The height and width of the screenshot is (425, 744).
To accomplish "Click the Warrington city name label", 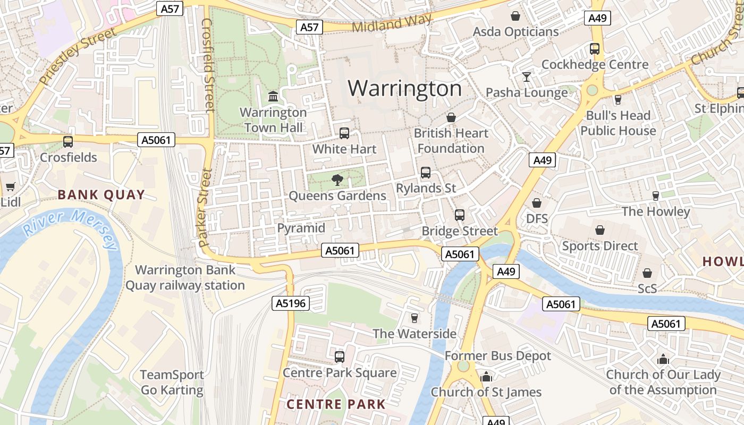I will [x=404, y=88].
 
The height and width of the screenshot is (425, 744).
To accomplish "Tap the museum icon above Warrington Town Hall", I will [x=273, y=97].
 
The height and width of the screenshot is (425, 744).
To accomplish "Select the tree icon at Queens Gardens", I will [x=337, y=180].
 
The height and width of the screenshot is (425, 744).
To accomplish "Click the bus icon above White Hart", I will [x=344, y=133].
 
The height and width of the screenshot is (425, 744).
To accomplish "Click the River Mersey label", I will [x=71, y=228].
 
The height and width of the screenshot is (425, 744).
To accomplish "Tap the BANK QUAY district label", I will [x=101, y=194].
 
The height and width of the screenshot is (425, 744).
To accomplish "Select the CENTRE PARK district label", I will [x=336, y=404].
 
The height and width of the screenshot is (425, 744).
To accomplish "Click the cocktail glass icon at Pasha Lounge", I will [x=526, y=77].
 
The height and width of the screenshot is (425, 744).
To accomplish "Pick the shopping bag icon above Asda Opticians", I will [x=515, y=16].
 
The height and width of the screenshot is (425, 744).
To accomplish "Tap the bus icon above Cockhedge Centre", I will [x=595, y=49].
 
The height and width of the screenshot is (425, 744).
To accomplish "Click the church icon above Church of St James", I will [x=486, y=377].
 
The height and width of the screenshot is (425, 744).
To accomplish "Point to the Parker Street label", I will [x=205, y=207].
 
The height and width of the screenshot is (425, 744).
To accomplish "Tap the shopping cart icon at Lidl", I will [x=10, y=186].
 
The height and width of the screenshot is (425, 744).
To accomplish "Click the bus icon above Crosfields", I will [x=68, y=142].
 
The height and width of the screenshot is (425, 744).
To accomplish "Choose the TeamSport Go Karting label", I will [x=172, y=382].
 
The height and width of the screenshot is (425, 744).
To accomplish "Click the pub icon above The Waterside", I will [x=415, y=318].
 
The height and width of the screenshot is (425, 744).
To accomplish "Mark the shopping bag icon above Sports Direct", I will [x=600, y=230].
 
